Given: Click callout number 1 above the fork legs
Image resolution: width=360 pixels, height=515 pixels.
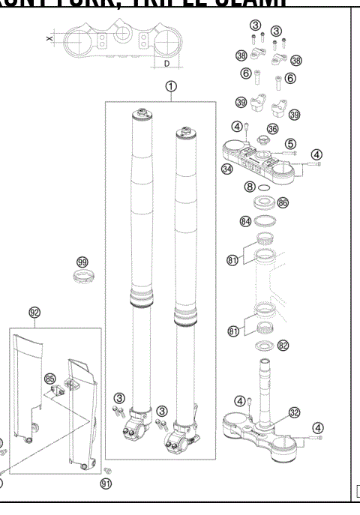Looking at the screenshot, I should pos(172,87).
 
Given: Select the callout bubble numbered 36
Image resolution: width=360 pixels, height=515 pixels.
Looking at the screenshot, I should pos(272,129).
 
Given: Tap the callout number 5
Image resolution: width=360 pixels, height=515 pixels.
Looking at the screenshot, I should pos(289,143).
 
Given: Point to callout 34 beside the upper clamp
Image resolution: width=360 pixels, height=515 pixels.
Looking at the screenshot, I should pos(227,169).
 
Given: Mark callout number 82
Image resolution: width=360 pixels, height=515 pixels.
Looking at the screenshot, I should pos(282,346).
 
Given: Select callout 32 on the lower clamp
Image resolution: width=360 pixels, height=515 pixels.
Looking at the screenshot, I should pos(294,412).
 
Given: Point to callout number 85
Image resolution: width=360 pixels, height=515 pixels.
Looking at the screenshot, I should pos(50,379).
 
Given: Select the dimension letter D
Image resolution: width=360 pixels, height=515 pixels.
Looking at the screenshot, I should pos(165,64).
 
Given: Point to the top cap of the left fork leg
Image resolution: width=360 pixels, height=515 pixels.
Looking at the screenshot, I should pos(141,115).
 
